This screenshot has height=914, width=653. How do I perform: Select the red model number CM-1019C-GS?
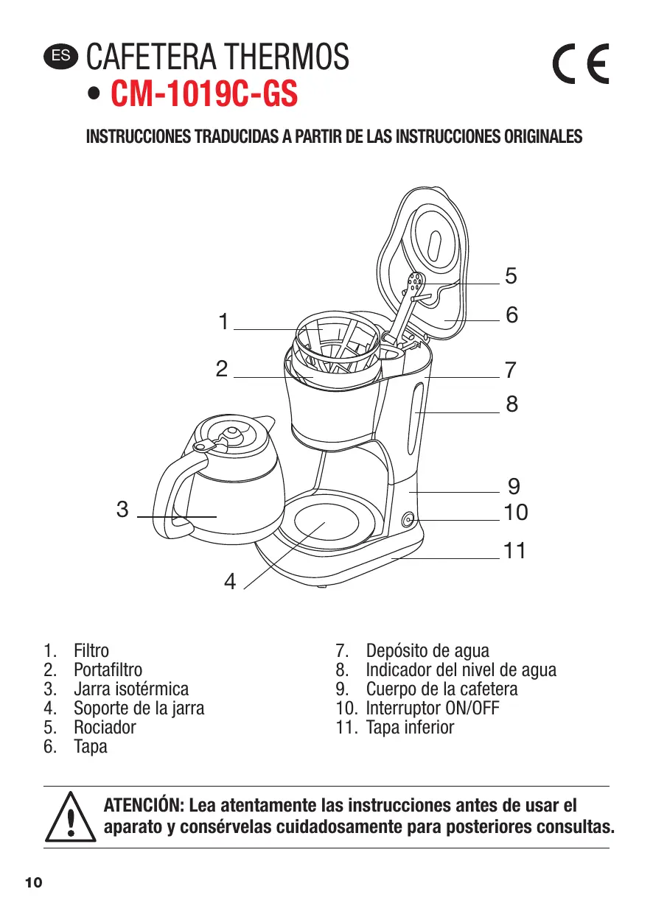tap(204, 95)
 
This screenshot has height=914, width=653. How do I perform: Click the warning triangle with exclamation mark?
tap(71, 818)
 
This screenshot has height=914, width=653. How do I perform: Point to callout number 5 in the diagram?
tap(511, 276)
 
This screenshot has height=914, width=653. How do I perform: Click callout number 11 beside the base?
tap(514, 549)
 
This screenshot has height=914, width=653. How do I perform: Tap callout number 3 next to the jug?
tap(122, 509)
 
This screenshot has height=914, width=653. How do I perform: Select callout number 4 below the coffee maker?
tap(230, 583)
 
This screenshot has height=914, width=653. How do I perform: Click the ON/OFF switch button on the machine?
tap(408, 521)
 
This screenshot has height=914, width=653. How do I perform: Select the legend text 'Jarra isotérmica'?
tap(130, 689)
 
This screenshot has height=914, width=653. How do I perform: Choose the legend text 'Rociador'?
tap(105, 728)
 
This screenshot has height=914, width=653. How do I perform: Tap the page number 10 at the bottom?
tap(34, 883)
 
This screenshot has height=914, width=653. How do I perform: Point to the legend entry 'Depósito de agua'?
tap(427, 651)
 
